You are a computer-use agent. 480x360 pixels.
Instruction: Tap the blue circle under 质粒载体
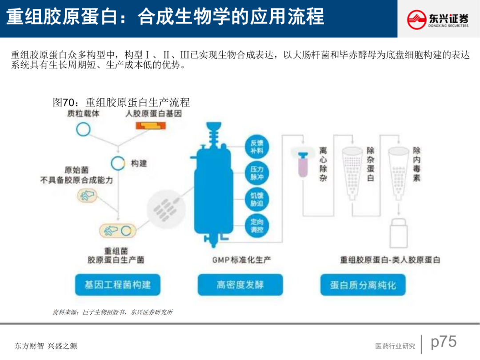click(83, 129)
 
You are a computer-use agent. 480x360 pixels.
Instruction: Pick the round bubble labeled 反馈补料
click(257, 147)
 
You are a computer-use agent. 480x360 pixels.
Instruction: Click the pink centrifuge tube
click(304, 164)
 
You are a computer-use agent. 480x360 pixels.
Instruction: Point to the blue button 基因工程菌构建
click(117, 284)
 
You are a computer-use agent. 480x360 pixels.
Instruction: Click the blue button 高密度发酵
click(240, 284)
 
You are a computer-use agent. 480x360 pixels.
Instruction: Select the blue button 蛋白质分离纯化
click(363, 285)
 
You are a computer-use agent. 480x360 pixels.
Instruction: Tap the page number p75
click(444, 342)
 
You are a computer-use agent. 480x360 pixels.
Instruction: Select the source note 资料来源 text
click(112, 312)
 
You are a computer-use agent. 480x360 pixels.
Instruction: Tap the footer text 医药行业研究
click(395, 346)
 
